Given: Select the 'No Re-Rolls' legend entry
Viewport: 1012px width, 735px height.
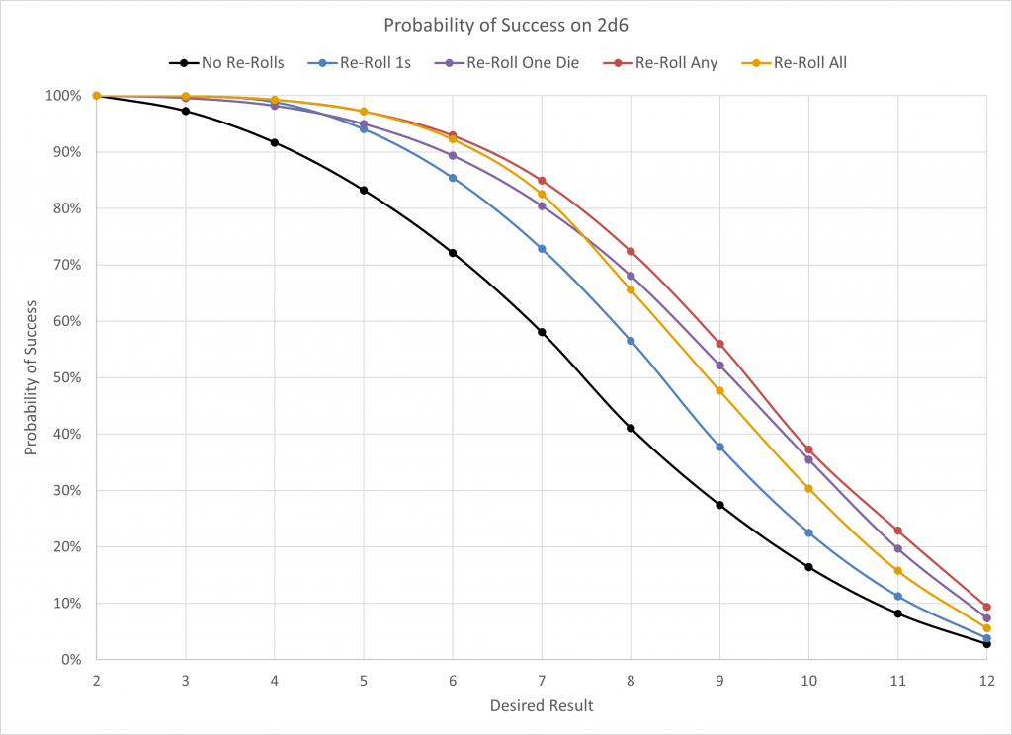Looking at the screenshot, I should (x=238, y=63).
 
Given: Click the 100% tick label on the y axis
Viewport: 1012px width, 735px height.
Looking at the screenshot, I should (x=62, y=96).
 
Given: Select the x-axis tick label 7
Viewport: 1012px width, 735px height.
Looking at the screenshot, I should (x=542, y=681).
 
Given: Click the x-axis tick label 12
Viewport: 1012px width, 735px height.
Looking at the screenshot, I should (x=985, y=681).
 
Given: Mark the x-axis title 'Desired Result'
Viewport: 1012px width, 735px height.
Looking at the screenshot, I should (x=542, y=706).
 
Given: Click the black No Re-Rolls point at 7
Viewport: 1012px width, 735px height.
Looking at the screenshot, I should (x=542, y=332).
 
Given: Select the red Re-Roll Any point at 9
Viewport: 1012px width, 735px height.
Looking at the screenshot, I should (x=719, y=344).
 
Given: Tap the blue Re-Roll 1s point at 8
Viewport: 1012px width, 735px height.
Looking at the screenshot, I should (x=631, y=341).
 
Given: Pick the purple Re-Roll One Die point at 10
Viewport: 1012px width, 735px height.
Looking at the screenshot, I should (x=808, y=459).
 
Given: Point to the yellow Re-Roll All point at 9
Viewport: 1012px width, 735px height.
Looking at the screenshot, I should (x=719, y=390).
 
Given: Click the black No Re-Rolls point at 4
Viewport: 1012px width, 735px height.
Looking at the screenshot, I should (x=275, y=142).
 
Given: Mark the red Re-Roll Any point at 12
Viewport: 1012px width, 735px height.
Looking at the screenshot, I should (x=986, y=607).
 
